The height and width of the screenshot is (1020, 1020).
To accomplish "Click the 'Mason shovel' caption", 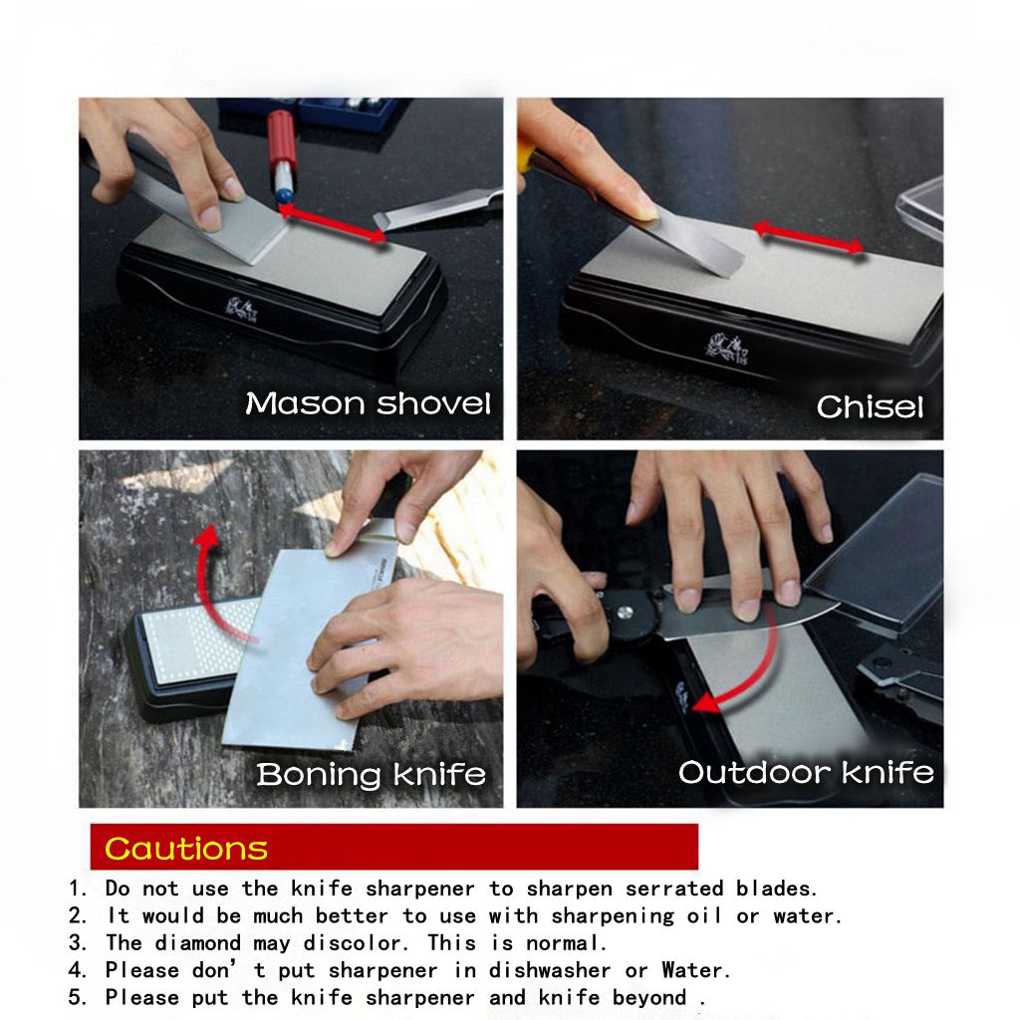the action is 368,404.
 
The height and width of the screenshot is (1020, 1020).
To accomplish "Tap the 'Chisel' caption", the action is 870,407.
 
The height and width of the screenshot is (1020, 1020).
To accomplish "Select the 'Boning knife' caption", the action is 371,774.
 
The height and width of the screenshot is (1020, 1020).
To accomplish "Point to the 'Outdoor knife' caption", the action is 806,772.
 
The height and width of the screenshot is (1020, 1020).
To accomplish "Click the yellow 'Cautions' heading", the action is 186,849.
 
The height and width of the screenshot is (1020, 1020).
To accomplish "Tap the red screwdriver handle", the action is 282,139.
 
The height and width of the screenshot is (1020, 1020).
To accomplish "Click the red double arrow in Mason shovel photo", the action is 332,224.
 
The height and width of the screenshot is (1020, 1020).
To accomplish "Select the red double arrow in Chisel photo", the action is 809,237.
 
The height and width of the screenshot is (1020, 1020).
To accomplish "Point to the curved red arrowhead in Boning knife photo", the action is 207,537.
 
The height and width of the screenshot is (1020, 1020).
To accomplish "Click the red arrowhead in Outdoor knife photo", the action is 706,703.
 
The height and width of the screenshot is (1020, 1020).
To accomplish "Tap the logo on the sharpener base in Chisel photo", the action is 726,348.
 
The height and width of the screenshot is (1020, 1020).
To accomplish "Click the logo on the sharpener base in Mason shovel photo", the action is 241,309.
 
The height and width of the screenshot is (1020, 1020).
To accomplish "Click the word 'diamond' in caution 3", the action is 198,943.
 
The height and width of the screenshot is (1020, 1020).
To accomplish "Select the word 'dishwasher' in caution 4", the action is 550,970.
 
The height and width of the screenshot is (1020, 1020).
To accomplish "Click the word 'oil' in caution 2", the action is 704,916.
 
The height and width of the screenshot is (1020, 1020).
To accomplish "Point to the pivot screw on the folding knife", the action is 626,611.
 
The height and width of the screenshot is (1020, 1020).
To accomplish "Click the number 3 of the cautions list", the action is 77,943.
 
